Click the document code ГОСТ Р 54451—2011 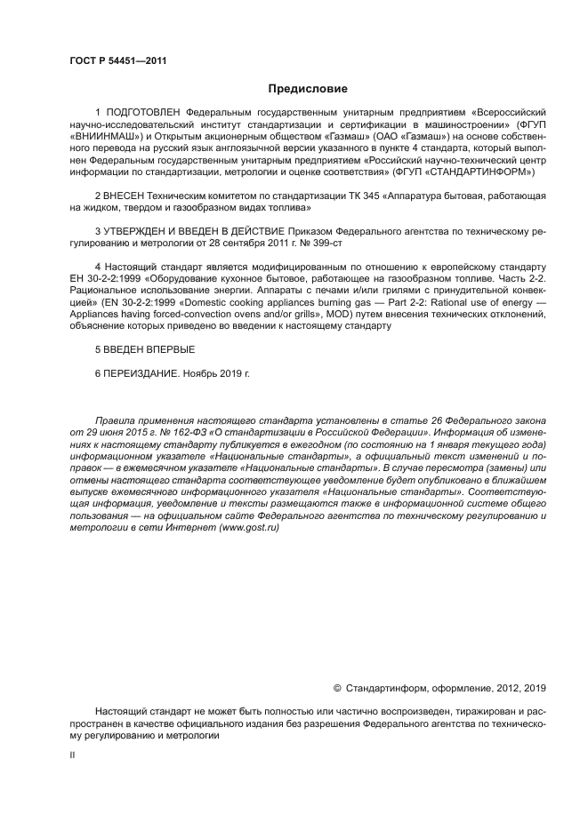117,60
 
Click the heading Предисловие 309,89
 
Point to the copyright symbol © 337,687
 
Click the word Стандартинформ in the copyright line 385,687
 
